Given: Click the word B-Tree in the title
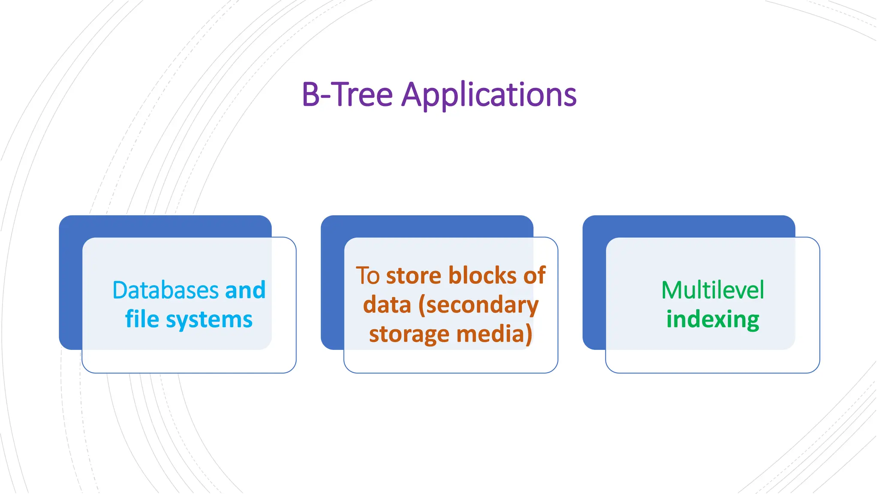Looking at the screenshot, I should pyautogui.click(x=347, y=94).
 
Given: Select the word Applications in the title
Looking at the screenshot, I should pyautogui.click(x=489, y=95).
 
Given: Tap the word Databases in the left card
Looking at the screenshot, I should pyautogui.click(x=165, y=290).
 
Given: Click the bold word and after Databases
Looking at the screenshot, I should pyautogui.click(x=245, y=290).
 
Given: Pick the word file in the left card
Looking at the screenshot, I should pyautogui.click(x=142, y=319).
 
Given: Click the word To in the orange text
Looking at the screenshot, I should pyautogui.click(x=368, y=275).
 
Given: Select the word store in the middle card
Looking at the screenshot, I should pyautogui.click(x=414, y=275).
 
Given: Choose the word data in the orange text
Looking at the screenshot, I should pyautogui.click(x=387, y=305).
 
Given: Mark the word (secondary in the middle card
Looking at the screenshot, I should pyautogui.click(x=478, y=306).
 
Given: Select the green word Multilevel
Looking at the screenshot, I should pyautogui.click(x=713, y=290).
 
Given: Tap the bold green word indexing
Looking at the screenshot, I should pyautogui.click(x=713, y=320).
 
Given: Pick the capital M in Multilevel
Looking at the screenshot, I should pyautogui.click(x=672, y=290).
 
